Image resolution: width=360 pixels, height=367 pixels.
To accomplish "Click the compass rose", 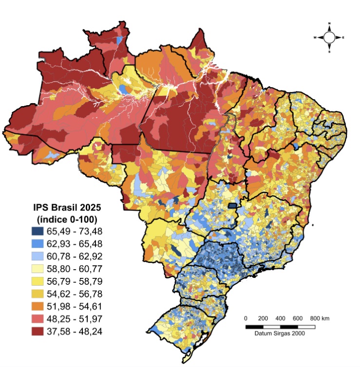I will pos(329,37).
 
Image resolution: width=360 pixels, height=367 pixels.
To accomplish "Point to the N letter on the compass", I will pos(329,23).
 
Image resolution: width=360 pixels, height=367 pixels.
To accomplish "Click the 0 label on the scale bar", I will pos(246,318).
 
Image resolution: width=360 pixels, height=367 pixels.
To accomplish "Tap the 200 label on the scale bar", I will pos(263,318).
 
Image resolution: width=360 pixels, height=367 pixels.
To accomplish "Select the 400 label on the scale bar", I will pos(280,318).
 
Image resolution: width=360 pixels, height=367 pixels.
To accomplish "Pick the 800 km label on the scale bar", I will pos(319,318).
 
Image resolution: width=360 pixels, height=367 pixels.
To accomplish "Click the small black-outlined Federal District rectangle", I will pos(234,206).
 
